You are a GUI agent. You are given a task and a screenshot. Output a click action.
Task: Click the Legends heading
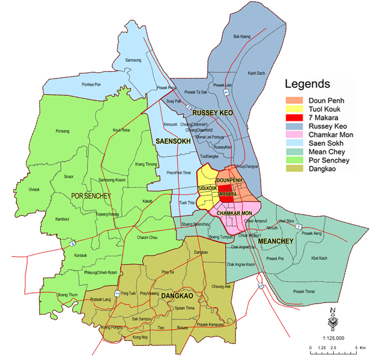pos(307,85)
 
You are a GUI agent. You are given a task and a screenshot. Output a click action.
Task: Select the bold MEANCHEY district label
pos(276,242)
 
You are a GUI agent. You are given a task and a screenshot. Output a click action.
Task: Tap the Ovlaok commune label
pos(35,189)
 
